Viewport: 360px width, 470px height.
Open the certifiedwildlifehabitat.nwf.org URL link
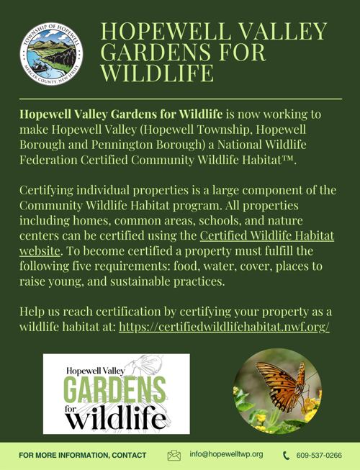[224, 326]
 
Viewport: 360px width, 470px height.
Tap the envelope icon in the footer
[174, 455]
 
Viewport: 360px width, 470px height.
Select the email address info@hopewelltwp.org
[226, 455]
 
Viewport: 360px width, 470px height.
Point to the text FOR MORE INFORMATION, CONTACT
[83, 455]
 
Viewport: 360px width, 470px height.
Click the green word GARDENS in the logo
[115, 392]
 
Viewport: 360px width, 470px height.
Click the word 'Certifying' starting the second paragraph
[50, 190]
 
